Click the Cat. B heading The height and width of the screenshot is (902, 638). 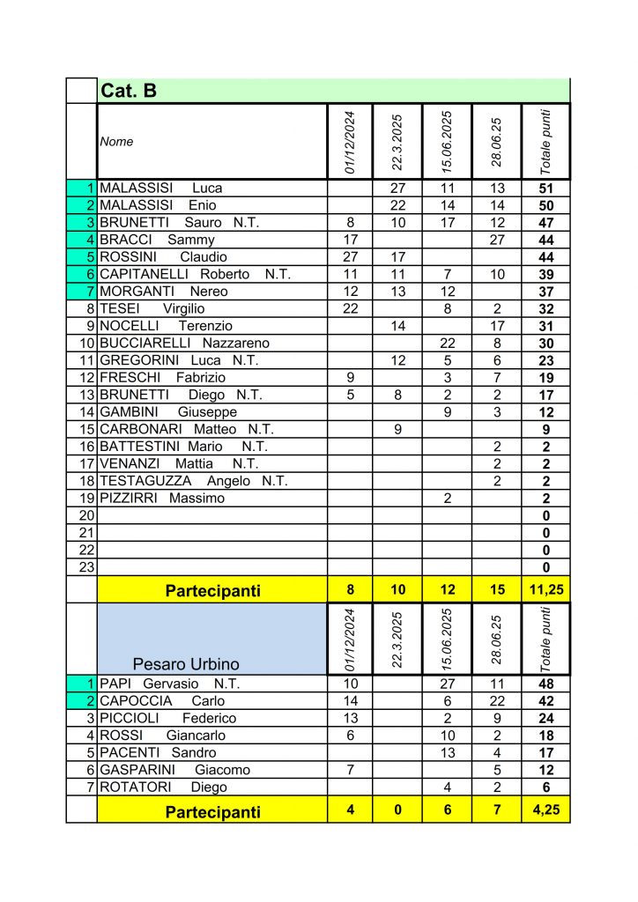[x=130, y=91]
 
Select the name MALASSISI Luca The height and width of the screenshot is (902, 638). [x=161, y=188]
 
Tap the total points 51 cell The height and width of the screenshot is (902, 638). [x=545, y=188]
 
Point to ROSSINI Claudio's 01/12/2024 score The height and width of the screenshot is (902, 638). [x=350, y=257]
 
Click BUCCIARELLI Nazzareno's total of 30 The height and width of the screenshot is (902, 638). [x=545, y=343]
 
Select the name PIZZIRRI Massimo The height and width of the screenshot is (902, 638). [x=162, y=498]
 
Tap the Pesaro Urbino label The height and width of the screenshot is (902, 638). [x=186, y=662]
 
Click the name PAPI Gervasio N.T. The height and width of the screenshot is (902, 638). [x=169, y=684]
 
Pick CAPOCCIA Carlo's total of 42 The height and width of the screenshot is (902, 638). [x=545, y=701]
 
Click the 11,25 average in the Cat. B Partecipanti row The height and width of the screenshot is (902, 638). [x=545, y=590]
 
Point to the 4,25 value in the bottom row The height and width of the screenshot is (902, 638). [x=545, y=810]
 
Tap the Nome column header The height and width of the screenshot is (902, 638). [x=116, y=141]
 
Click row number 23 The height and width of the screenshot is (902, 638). [x=86, y=567]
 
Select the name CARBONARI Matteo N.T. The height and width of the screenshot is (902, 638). [x=187, y=429]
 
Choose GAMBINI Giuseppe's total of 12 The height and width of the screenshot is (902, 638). [x=545, y=411]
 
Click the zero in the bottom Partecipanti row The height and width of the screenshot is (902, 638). [x=397, y=810]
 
